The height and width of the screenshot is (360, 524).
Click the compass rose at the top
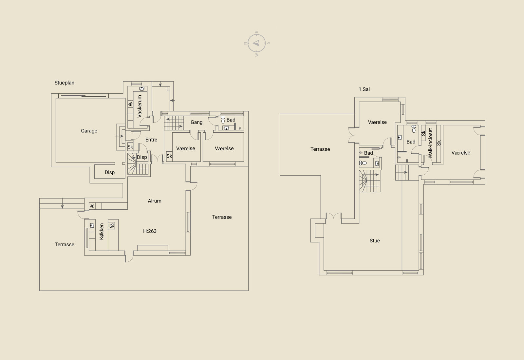(x=257, y=43)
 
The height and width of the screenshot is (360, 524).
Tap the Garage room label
(x=89, y=131)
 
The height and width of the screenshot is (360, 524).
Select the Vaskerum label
(x=140, y=106)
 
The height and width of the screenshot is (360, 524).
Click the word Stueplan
(x=64, y=83)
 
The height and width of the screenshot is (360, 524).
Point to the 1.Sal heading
(x=364, y=89)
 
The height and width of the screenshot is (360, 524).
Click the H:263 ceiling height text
(x=150, y=231)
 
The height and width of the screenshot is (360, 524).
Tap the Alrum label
(x=155, y=201)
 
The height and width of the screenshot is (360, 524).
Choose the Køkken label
(x=102, y=232)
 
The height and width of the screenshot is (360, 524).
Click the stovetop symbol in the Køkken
(x=112, y=225)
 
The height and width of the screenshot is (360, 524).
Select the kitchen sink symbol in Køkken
(x=92, y=225)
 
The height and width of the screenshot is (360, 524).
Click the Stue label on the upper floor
(x=375, y=240)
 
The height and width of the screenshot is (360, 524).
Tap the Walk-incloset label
(x=430, y=143)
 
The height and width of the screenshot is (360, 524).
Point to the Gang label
(x=196, y=122)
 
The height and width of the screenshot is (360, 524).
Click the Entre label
(x=151, y=140)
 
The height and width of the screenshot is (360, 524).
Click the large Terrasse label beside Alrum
(x=222, y=217)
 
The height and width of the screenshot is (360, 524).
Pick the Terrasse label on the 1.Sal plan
(x=320, y=149)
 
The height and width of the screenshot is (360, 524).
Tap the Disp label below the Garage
(x=110, y=172)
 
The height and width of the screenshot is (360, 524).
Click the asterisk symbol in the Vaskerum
(x=130, y=104)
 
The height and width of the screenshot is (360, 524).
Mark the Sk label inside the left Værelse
(x=169, y=156)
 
